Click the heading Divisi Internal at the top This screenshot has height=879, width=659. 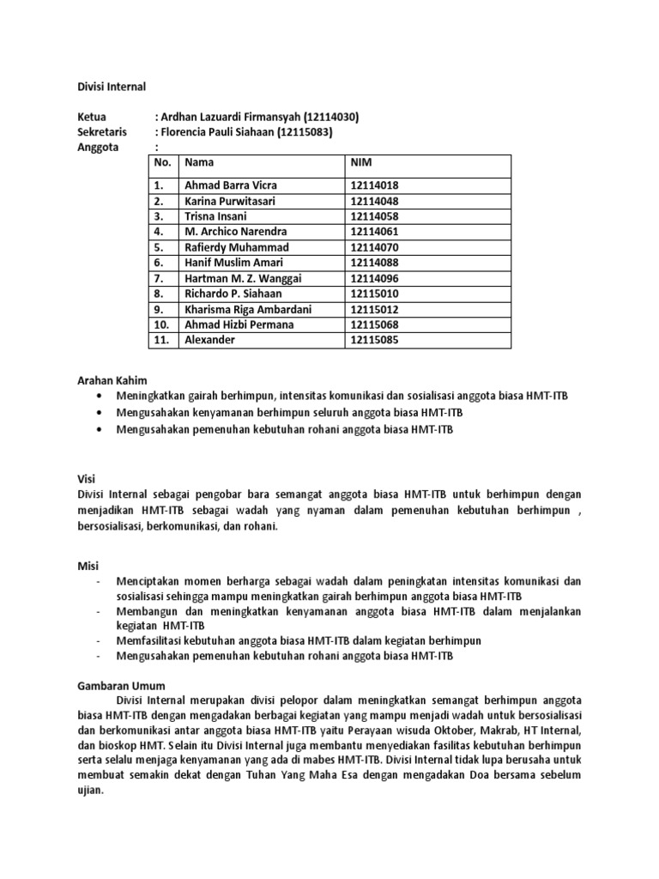pyautogui.click(x=112, y=87)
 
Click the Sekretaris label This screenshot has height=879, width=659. pyautogui.click(x=102, y=132)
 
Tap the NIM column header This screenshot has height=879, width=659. pyautogui.click(x=361, y=162)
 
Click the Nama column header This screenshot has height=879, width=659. pyautogui.click(x=199, y=162)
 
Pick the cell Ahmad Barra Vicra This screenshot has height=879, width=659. pyautogui.click(x=231, y=185)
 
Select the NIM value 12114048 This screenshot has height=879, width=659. pyautogui.click(x=374, y=201)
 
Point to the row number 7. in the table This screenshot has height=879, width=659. pyautogui.click(x=158, y=278)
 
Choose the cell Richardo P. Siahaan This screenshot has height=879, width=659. pyautogui.click(x=233, y=294)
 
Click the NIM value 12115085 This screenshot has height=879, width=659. pyautogui.click(x=374, y=340)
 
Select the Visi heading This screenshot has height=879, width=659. pyautogui.click(x=86, y=479)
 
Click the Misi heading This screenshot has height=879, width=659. pyautogui.click(x=88, y=566)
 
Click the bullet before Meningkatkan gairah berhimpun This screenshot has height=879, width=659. pyautogui.click(x=102, y=395)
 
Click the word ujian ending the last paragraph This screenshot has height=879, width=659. pyautogui.click(x=90, y=791)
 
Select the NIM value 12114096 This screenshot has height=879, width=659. pyautogui.click(x=374, y=278)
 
